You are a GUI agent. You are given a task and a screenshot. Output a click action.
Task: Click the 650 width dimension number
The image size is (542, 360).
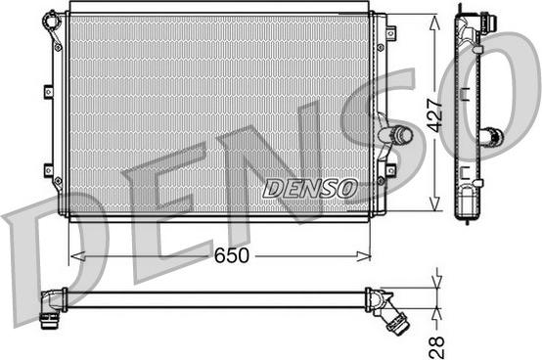[231, 255]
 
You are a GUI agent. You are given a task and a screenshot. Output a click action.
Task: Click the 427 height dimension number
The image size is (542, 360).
[434, 115]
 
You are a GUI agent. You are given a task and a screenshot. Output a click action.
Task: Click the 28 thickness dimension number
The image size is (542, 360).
[436, 347]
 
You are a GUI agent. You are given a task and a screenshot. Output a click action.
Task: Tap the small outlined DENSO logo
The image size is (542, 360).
[310, 189]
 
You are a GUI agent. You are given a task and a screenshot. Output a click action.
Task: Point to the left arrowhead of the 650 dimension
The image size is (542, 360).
[77, 256]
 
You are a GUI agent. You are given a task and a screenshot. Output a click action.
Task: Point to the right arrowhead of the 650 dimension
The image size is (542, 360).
[364, 256]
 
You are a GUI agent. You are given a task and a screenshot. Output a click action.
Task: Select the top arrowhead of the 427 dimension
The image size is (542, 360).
[434, 22]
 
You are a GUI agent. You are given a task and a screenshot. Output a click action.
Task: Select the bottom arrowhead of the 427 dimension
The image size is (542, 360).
[434, 203]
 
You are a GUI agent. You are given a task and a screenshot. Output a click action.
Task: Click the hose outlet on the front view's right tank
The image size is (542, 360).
[395, 134]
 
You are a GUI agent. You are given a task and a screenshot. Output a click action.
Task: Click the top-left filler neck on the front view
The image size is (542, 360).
[52, 22]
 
